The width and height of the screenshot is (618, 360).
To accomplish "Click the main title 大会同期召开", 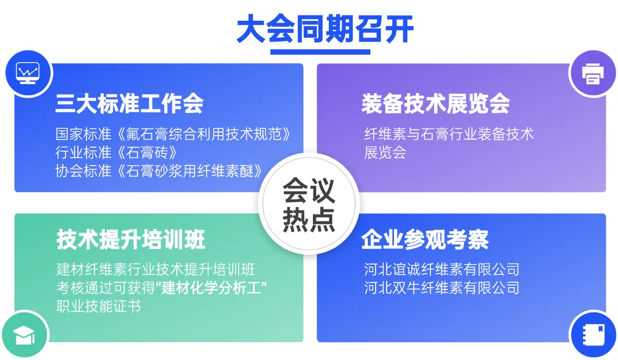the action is (325, 29).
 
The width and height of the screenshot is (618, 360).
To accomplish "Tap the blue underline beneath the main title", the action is (320, 52).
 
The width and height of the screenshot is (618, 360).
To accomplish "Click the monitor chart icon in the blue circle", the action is (28, 73).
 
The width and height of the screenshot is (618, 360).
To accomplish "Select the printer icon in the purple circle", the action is (593, 74).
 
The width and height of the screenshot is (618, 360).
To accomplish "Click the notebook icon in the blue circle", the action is (593, 334).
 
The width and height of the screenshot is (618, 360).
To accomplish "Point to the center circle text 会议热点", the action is (309, 205).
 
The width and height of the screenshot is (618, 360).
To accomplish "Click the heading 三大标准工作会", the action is (129, 103).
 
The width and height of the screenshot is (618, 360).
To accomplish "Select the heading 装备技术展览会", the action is (435, 103).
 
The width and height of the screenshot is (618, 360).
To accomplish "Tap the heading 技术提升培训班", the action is (131, 239).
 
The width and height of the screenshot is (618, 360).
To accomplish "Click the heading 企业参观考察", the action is (425, 239).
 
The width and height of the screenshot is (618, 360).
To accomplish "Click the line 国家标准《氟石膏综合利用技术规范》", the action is (173, 134).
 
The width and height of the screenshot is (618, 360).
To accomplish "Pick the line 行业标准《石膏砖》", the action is (116, 152).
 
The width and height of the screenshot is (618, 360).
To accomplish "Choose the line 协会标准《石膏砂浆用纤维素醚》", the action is (159, 171).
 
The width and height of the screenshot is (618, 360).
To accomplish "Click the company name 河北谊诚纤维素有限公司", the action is (442, 269).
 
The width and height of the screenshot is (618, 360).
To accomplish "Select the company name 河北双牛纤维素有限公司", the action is (442, 288).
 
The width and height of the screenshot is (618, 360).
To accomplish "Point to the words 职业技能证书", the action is (99, 306).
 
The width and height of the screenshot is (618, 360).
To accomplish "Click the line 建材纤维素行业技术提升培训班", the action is (155, 269).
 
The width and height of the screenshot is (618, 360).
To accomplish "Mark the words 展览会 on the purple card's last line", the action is (385, 152).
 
